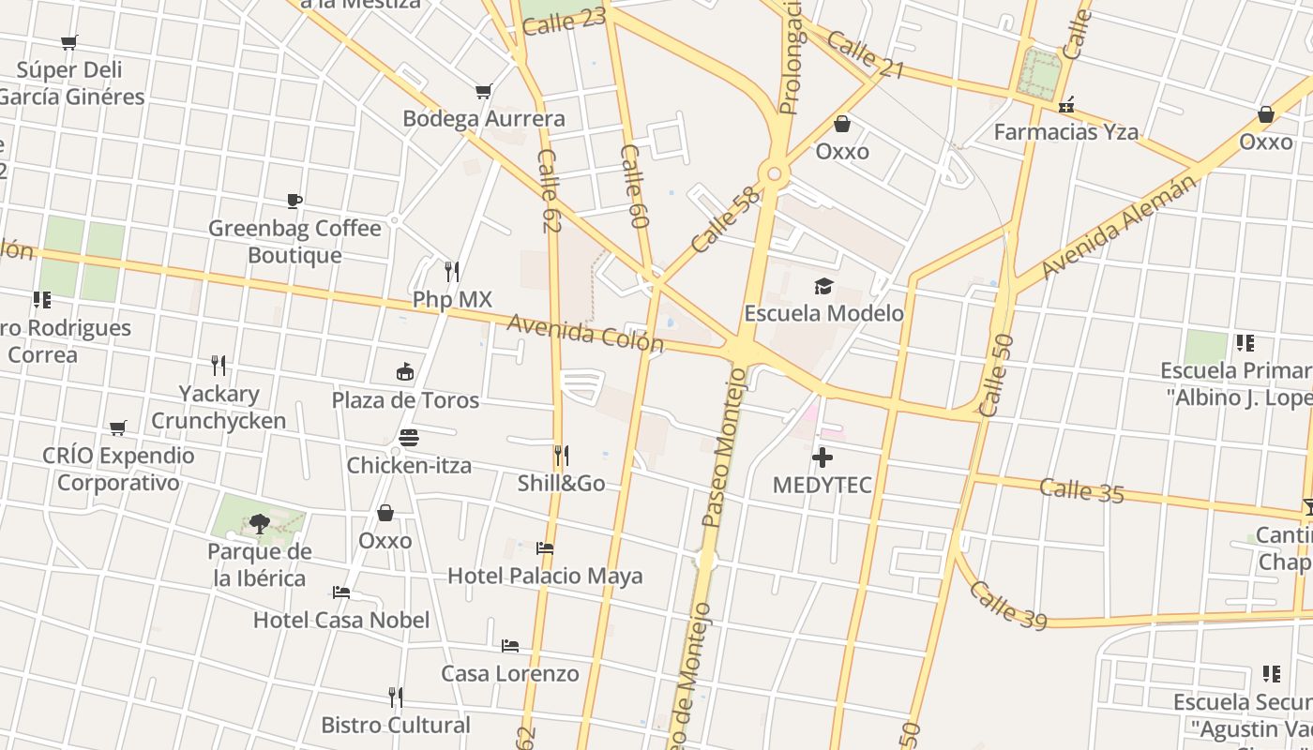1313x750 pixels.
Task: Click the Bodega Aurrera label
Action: pos(483,118)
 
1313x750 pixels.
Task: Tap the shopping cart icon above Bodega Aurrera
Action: pos(483,91)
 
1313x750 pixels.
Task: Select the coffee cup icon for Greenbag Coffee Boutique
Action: pos(294,201)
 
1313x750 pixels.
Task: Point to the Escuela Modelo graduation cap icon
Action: pos(823,285)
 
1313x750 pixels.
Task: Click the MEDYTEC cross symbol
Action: pos(823,457)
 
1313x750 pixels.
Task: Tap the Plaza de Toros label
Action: pos(405,400)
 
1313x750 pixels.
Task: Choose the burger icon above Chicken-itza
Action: pos(408,437)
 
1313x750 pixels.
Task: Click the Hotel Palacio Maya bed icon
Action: pos(545,547)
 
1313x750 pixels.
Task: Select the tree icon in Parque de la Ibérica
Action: pos(259,523)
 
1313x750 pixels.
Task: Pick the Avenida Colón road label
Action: pos(585,334)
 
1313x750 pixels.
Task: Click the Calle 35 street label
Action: pos(1081,489)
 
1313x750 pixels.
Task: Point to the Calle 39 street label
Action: pos(1007,605)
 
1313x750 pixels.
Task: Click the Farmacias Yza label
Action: pos(1065,132)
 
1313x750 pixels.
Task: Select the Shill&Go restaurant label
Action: pos(561,484)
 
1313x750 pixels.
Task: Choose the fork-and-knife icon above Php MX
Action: pos(452,272)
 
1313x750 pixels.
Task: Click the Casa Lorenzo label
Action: pos(509,673)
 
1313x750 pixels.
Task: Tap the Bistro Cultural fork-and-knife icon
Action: pos(396,697)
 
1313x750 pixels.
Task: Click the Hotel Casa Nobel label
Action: pos(341,620)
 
